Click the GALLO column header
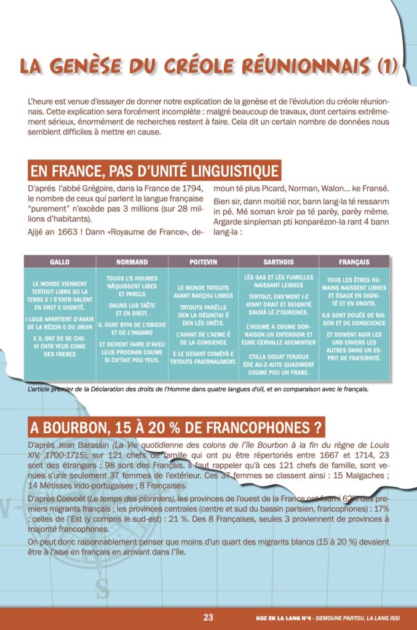[x=60, y=261]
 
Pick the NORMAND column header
[x=132, y=261]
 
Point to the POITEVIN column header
[x=203, y=261]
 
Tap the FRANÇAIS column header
[x=354, y=261]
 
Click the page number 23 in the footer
[x=208, y=618]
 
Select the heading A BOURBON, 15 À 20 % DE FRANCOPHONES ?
[x=177, y=427]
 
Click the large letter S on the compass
[x=102, y=589]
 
